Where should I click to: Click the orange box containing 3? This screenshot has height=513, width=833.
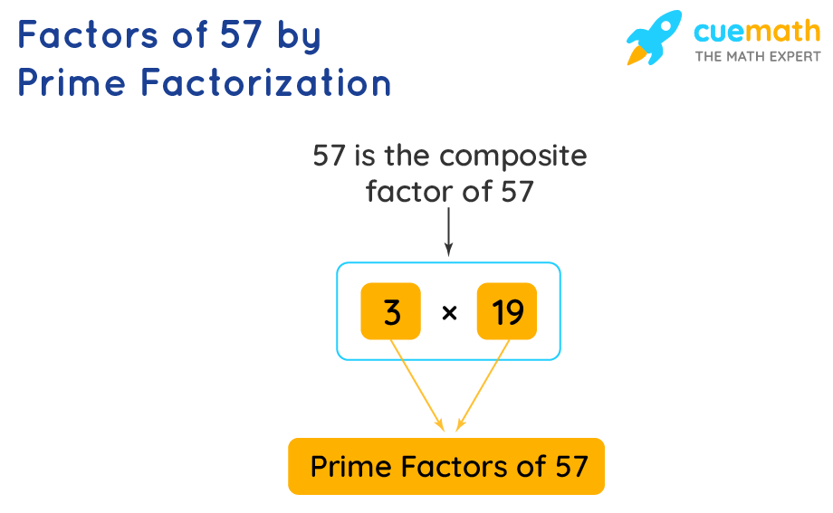pos(390,312)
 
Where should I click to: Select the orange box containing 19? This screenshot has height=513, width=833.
pos(507,312)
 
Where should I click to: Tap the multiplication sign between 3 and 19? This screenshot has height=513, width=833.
pos(449,313)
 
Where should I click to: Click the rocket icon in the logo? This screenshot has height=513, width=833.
pos(654,38)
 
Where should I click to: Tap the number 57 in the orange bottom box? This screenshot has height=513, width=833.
pos(570,467)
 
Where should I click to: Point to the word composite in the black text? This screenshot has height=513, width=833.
pos(513,157)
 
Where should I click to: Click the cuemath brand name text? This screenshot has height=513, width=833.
pos(757,32)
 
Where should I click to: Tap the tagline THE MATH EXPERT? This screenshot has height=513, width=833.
pos(758,56)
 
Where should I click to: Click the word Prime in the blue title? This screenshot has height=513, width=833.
pos(72,83)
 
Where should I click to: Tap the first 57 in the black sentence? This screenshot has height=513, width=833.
pos(330,157)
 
